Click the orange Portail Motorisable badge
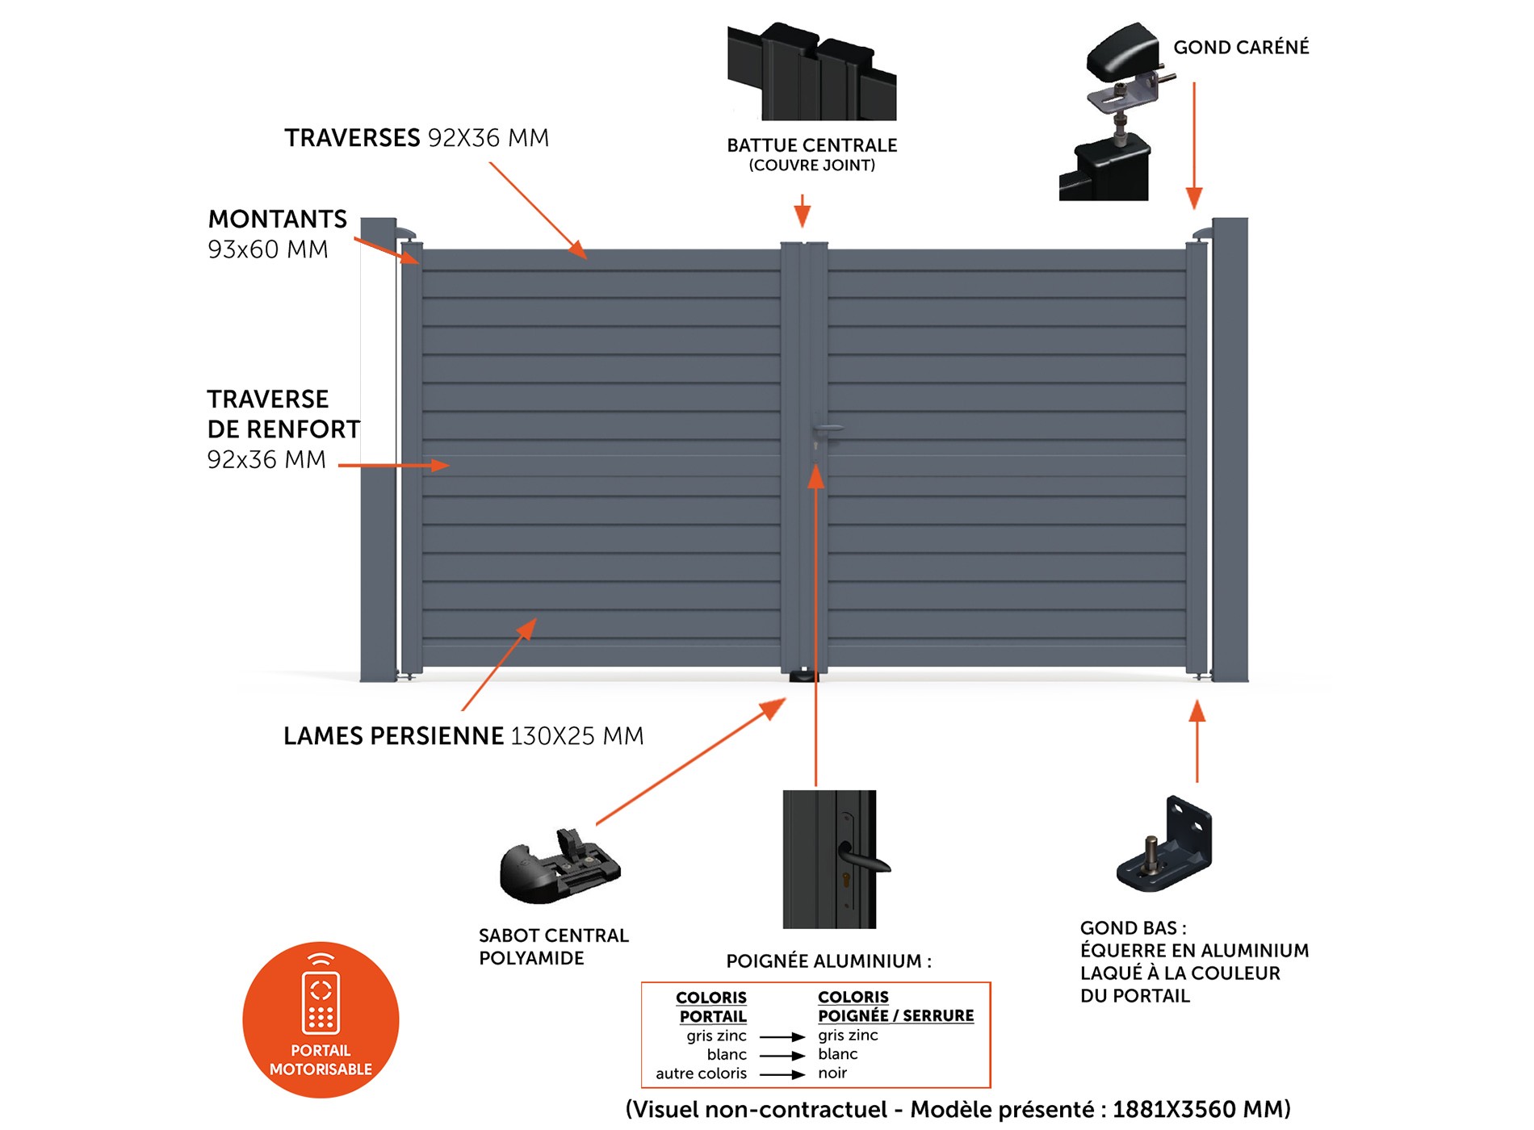coord(321,1019)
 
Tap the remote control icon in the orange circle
coord(321,996)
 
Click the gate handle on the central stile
coord(827,428)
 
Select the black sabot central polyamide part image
coord(559,868)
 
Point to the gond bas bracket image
coord(1165,844)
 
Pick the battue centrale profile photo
coord(811,73)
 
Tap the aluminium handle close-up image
coord(830,859)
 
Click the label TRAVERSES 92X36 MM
coord(417,138)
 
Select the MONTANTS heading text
coord(278,220)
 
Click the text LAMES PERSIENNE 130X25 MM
coord(463,736)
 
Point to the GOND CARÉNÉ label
coord(1241,48)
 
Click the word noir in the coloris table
coord(832,1073)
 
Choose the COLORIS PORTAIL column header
coord(711,1007)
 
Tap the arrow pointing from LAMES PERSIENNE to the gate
coord(499,664)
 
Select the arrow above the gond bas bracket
coord(1197,741)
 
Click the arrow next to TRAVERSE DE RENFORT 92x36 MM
coord(393,466)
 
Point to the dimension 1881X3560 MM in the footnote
coord(1201,1109)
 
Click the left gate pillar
coord(378,450)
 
